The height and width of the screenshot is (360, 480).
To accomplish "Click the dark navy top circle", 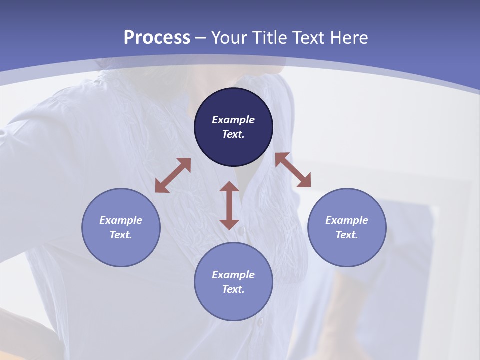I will point(233,127).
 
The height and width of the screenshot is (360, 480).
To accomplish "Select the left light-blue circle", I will point(121,227).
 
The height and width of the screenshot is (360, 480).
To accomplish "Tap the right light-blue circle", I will point(347,227).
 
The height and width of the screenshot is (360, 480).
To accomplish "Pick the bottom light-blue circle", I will point(233,282).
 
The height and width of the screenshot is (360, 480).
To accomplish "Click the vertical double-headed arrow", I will point(229,205).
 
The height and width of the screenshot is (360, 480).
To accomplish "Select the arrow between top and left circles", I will point(173,175).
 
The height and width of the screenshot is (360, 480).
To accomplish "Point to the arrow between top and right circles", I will point(293,170).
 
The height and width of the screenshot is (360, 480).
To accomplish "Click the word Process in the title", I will point(157,38).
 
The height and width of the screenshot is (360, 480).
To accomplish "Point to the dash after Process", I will point(201,38).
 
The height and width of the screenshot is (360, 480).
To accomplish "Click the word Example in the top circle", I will point(233,120).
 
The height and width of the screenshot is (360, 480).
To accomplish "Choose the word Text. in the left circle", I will point(121,235).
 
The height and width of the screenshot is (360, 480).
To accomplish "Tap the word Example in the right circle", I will point(347,220).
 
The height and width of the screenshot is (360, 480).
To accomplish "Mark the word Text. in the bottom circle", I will point(233,289).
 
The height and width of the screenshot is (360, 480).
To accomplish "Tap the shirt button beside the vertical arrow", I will point(243,230).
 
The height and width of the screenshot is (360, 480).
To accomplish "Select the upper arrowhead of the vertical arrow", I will point(229,187).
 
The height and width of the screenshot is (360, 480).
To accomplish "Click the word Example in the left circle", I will point(121,220).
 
